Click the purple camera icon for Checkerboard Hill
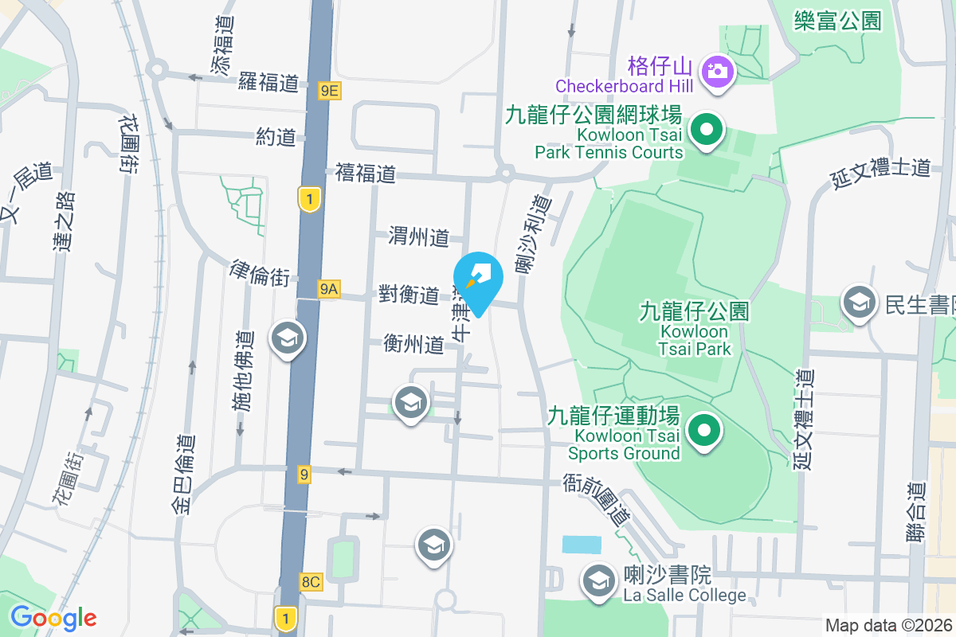click(717, 70)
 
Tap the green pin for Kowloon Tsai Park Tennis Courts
click(705, 130)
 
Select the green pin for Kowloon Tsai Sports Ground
click(703, 431)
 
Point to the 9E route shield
click(329, 92)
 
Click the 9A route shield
click(328, 290)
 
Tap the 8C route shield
click(311, 582)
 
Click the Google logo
click(53, 618)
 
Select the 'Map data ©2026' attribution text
click(888, 625)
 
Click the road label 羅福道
click(268, 81)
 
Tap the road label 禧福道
click(366, 173)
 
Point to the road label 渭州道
click(419, 236)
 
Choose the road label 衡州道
click(413, 344)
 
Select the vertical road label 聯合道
click(919, 510)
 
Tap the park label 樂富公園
click(838, 21)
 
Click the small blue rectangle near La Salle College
click(582, 545)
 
